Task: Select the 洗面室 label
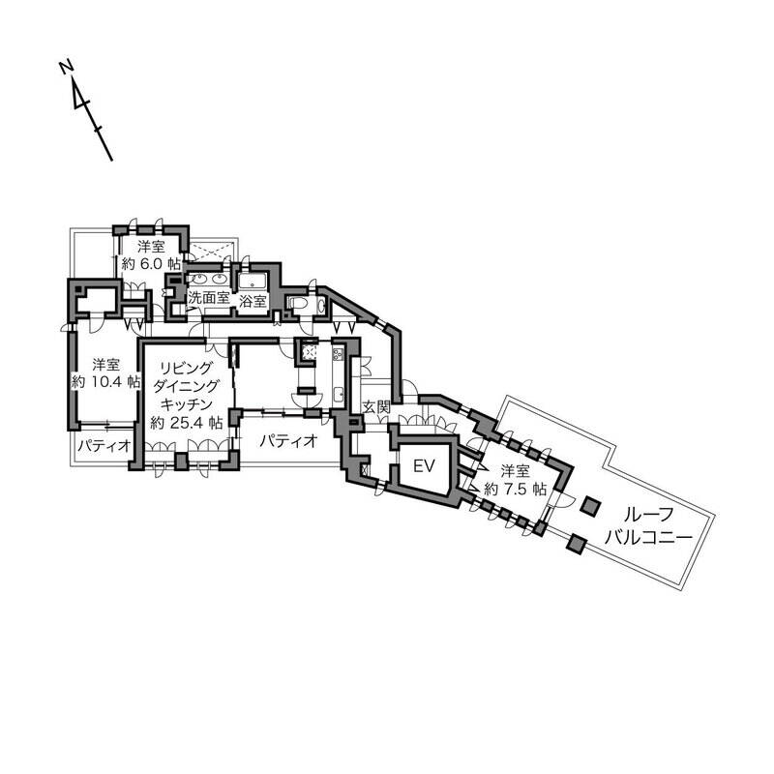click(209, 299)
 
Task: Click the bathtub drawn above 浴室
click(254, 282)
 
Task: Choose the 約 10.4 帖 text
click(105, 381)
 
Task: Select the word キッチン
click(187, 404)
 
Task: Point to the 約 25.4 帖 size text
click(187, 423)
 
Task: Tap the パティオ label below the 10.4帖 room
click(104, 447)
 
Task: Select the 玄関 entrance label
click(374, 408)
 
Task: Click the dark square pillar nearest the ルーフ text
click(589, 506)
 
